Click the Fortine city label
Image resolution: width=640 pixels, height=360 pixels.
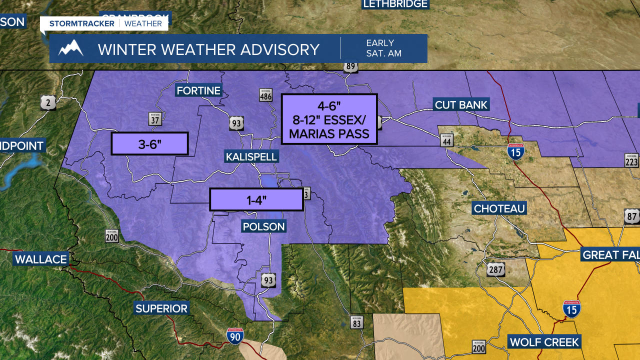coord(198,90)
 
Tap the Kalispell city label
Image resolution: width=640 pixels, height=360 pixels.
coord(251,157)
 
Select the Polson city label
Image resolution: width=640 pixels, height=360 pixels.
coord(263,226)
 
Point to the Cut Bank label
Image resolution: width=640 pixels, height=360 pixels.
coord(460,105)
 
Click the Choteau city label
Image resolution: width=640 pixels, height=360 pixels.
coord(499,208)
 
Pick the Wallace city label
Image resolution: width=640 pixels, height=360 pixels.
coord(41,259)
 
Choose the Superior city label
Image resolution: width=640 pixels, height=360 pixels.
coord(161,308)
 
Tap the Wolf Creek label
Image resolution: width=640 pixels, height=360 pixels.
coord(544,342)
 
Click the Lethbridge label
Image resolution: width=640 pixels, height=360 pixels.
coord(395,4)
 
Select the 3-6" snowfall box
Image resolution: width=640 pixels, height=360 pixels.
coord(149,144)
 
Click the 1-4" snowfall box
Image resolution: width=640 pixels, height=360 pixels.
coord(256,199)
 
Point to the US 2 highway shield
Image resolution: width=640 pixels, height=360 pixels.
coord(47,103)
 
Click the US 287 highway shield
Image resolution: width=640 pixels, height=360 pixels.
coord(496,270)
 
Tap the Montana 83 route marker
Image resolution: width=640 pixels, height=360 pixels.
coord(356,322)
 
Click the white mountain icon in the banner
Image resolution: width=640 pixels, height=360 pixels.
coord(70,48)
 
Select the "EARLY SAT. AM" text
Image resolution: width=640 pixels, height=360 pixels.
coord(383,48)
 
